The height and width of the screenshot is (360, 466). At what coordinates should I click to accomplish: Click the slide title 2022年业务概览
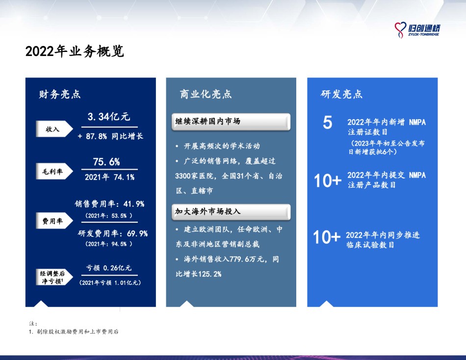tap(74, 51)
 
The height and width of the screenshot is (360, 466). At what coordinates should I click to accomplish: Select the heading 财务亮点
tap(60, 94)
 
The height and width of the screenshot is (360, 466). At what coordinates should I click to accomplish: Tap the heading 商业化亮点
tap(206, 94)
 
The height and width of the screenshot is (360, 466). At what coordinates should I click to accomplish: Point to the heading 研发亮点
tap(341, 94)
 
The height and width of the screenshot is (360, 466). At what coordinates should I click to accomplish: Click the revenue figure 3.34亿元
tap(109, 117)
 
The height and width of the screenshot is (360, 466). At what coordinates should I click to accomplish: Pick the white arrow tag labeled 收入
tap(54, 129)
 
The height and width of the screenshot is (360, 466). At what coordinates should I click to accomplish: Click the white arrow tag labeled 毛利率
tap(54, 171)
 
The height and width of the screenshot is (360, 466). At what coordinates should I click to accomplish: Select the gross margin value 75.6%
tap(106, 162)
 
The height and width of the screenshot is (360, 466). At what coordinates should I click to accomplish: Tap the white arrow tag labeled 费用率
tap(54, 221)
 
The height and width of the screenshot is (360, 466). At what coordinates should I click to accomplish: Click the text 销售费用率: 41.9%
tap(109, 204)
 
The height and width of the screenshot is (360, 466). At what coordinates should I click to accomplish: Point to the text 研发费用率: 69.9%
tap(113, 233)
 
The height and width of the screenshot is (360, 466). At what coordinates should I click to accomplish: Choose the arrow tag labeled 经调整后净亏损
tap(54, 277)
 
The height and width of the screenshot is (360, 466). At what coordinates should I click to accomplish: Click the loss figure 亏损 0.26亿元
tap(109, 268)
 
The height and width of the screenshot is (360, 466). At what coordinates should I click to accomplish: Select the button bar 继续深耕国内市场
tap(231, 122)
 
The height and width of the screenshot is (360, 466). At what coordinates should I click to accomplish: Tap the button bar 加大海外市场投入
tap(231, 212)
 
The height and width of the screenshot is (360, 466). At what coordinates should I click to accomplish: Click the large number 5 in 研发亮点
tap(327, 122)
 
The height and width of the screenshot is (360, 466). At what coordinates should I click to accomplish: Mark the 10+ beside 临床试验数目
tap(327, 237)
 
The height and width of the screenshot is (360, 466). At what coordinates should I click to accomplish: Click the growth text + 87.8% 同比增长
tap(110, 136)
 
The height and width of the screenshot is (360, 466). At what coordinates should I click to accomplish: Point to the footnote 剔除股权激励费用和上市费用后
tap(78, 332)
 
